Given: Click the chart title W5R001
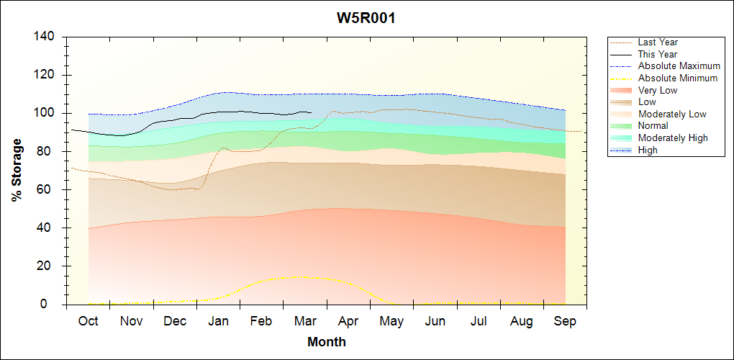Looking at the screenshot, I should coord(366,18).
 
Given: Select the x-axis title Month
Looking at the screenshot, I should coord(327,342).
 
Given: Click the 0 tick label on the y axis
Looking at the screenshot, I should coord(53,305).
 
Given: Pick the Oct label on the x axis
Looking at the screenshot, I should coord(88,321).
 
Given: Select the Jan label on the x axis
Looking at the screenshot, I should coord(218,321).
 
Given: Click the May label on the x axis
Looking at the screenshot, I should coord(391,321).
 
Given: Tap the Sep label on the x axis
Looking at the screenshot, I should coord(565,321).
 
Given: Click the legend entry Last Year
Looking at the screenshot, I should coord(658,42).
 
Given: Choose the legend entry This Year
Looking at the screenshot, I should coord(658,54).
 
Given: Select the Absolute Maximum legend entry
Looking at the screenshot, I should coord(679,66).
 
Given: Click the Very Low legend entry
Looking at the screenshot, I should coord(658,90).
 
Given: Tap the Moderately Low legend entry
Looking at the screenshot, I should coord(672,114).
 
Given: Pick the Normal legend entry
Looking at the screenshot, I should coord(653,126).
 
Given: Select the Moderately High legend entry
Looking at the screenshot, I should coord(673,138).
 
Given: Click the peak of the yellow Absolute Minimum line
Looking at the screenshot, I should coord(297,276).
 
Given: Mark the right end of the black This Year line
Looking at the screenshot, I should coord(311,112).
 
